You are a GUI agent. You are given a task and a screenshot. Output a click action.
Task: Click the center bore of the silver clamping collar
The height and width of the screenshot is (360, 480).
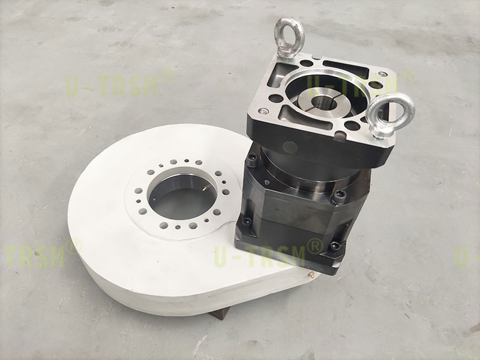324,103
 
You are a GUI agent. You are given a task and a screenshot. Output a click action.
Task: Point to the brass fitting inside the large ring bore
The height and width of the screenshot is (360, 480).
205,189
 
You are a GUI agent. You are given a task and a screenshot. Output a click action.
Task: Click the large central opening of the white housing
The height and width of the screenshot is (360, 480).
182,197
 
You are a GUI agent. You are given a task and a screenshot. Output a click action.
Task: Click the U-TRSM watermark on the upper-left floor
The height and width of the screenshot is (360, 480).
112,86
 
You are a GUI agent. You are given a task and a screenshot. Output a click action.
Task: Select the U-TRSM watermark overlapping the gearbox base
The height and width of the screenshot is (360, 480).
260,256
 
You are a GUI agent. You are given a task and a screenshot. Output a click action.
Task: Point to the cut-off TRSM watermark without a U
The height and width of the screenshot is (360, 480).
34,256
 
